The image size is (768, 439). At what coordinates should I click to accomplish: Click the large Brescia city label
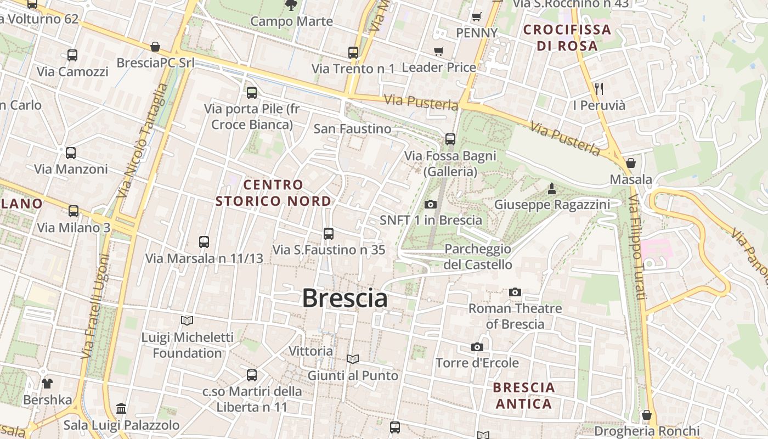(x=345, y=298)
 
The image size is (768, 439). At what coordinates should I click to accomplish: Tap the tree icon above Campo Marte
(x=291, y=5)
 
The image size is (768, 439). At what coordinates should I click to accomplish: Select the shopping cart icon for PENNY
(x=477, y=16)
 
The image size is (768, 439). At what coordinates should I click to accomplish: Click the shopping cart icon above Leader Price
(x=438, y=51)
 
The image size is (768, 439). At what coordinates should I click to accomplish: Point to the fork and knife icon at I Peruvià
(x=599, y=88)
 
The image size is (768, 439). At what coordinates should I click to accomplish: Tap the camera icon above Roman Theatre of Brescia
(x=515, y=292)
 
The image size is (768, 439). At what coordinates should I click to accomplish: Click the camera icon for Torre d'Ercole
(x=477, y=347)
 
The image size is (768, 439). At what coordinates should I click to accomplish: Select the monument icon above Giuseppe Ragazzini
(x=552, y=189)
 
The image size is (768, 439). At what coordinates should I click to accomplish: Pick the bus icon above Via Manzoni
(x=71, y=153)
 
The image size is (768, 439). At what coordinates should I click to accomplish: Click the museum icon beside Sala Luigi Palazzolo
(x=121, y=409)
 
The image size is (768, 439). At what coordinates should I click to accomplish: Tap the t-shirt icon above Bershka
(x=47, y=383)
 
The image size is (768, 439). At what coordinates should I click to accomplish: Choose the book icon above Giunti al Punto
(x=353, y=359)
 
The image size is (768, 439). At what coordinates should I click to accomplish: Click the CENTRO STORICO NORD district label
(x=273, y=193)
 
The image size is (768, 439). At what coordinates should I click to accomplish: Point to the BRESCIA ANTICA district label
(x=524, y=396)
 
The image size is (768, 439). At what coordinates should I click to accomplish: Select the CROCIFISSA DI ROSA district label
(x=567, y=37)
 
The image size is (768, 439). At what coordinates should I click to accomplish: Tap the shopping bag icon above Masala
(x=631, y=163)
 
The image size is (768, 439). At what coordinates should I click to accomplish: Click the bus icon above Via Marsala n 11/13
(x=204, y=241)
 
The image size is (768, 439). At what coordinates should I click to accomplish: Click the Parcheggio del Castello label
(x=478, y=257)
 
